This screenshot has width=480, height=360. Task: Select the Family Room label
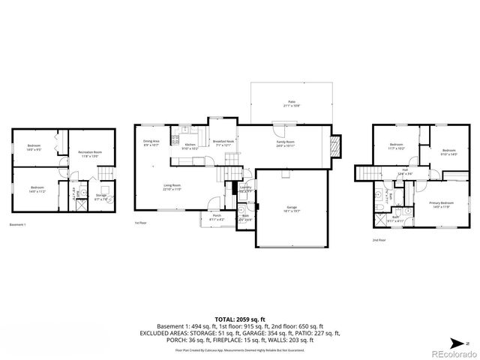[x=285, y=142]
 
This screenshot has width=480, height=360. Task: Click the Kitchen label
[x=190, y=145]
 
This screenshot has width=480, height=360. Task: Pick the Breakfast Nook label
[x=223, y=142]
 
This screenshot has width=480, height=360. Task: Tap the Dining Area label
[x=151, y=142]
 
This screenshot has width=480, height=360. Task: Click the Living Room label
[x=172, y=187]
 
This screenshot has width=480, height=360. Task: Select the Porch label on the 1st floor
[x=216, y=216]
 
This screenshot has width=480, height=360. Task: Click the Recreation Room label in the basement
[x=89, y=154]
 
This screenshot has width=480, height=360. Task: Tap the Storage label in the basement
[x=100, y=196]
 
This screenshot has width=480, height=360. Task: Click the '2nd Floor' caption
[x=379, y=241]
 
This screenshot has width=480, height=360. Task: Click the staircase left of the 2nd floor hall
[x=367, y=175]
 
